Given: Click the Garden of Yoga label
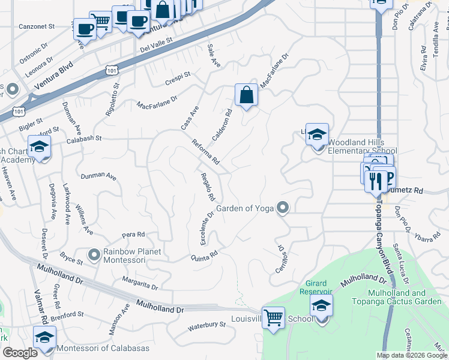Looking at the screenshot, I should pyautogui.click(x=244, y=209).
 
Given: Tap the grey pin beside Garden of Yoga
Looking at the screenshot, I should pyautogui.click(x=283, y=208).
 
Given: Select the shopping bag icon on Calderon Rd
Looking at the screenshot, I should pyautogui.click(x=246, y=95).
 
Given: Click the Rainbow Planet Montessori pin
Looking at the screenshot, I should pyautogui.click(x=94, y=255).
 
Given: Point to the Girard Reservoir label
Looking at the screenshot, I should pyautogui.click(x=313, y=287).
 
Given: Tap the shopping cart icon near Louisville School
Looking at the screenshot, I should pyautogui.click(x=274, y=317).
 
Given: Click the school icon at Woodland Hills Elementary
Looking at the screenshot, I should pyautogui.click(x=318, y=134).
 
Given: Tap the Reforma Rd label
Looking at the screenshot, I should pyautogui.click(x=206, y=152).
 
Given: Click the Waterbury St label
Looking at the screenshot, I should pyautogui.click(x=206, y=325).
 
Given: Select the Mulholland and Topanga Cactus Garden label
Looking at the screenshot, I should pyautogui.click(x=397, y=297).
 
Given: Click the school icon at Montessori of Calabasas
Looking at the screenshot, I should pyautogui.click(x=45, y=338).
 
